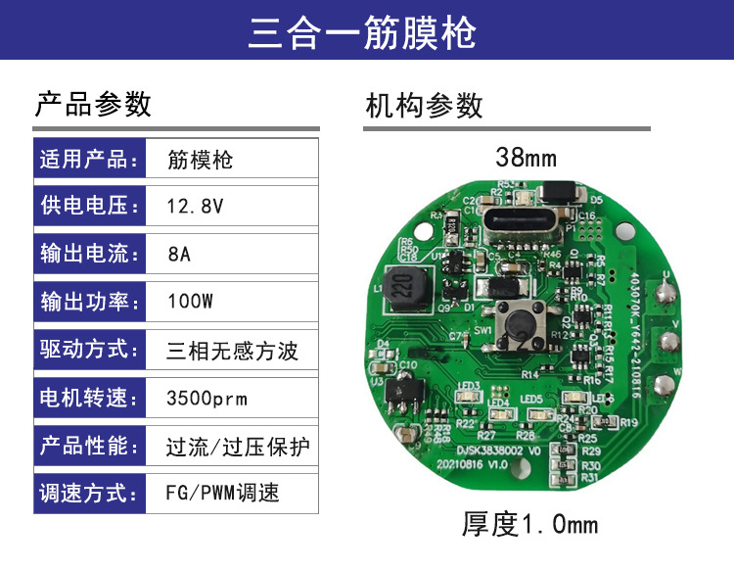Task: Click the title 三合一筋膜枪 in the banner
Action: click(x=362, y=32)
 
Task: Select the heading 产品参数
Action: click(x=93, y=104)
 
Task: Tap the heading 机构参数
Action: click(x=424, y=105)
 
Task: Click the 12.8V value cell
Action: click(x=196, y=208)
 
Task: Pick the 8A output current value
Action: click(x=179, y=255)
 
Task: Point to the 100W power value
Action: click(x=190, y=302)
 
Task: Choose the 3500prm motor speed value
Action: click(x=206, y=399)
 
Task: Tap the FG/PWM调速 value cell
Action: click(x=223, y=492)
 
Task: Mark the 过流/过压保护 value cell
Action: click(x=238, y=447)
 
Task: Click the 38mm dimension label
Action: click(x=526, y=157)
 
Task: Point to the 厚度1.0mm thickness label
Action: click(x=529, y=525)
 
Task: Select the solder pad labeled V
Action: click(x=669, y=342)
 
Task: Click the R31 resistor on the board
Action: click(x=563, y=479)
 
